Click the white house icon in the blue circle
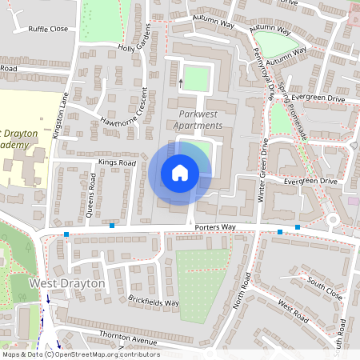180,172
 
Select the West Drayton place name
66,284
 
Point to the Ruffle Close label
48,29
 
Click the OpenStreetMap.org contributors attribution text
109,354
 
